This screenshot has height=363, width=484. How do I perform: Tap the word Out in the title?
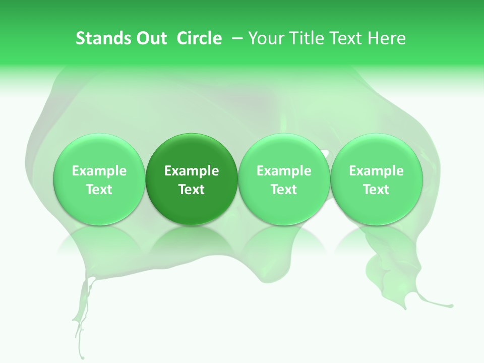tap(151, 38)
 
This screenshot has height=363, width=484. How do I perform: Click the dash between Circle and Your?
tap(237, 38)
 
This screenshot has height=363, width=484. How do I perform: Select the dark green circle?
tap(192, 179)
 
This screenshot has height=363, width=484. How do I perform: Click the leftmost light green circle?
tap(99, 179)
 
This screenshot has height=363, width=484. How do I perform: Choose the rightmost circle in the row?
tap(377, 179)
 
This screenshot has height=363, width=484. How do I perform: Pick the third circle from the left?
tap(284, 179)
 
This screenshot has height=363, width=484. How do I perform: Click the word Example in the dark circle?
tap(192, 171)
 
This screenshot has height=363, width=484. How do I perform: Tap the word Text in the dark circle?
tap(192, 190)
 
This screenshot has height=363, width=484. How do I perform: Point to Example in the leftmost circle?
tap(99, 171)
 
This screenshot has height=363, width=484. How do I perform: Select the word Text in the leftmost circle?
tap(99, 190)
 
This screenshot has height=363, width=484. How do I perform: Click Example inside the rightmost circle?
tap(377, 171)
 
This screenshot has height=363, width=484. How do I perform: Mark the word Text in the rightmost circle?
tap(377, 190)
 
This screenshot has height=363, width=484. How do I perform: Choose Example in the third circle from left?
tap(284, 171)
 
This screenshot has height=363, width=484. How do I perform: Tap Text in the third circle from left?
tap(284, 190)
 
